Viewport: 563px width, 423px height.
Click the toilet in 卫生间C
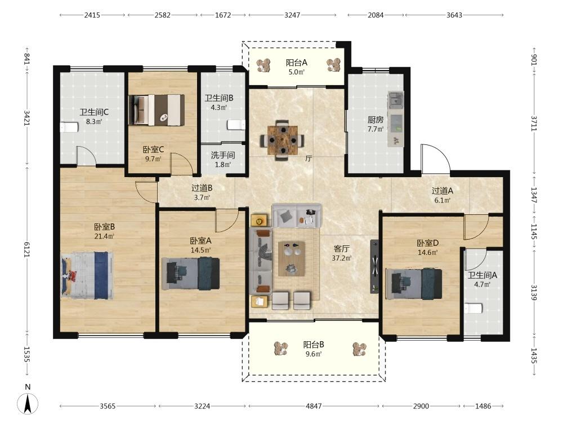pyautogui.click(x=69, y=127)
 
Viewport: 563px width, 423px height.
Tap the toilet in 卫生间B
pyautogui.click(x=236, y=125)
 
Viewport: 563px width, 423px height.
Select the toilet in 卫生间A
pyautogui.click(x=473, y=309)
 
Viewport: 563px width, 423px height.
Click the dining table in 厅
pyautogui.click(x=283, y=140)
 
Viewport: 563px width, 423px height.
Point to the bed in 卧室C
pyautogui.click(x=157, y=110)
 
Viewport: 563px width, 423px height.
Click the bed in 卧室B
pyautogui.click(x=87, y=276)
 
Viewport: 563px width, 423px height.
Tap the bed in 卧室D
pyautogui.click(x=414, y=284)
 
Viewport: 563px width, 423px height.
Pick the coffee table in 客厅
pyautogui.click(x=292, y=259)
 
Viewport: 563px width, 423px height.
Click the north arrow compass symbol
pyautogui.click(x=28, y=403)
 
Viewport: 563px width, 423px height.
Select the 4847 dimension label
pyautogui.click(x=314, y=406)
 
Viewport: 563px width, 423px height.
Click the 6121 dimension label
pyautogui.click(x=27, y=249)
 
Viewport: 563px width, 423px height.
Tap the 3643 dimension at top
pyautogui.click(x=454, y=15)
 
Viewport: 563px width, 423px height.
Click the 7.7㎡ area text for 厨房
pyautogui.click(x=376, y=129)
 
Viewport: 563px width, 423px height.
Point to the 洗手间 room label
pyautogui.click(x=223, y=155)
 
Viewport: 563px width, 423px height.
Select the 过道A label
pyautogui.click(x=443, y=191)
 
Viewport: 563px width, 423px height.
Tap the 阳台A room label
pyautogui.click(x=297, y=63)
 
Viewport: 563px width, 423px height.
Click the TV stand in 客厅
pyautogui.click(x=374, y=267)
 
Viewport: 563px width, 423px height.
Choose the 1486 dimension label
pyautogui.click(x=483, y=406)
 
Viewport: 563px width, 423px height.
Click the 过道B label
pyautogui.click(x=202, y=188)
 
